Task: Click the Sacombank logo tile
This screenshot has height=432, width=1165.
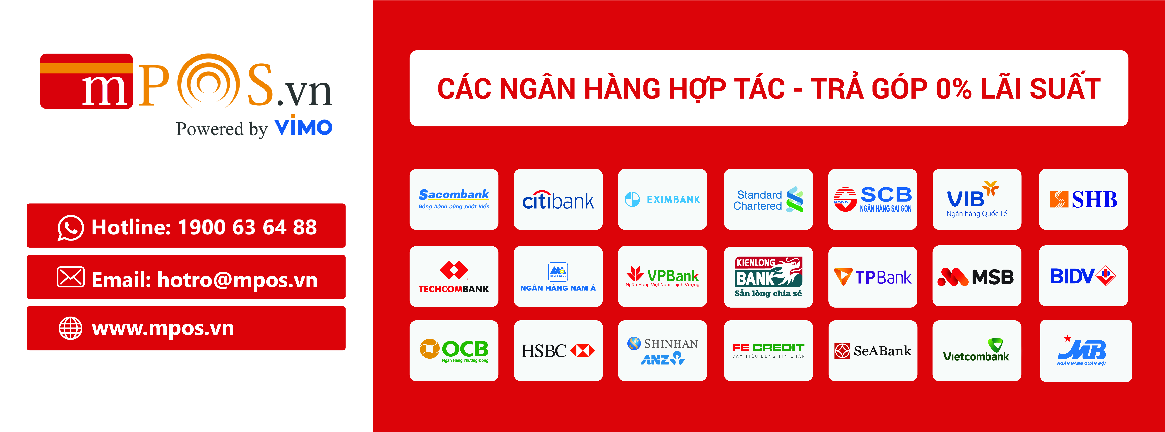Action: [454, 199]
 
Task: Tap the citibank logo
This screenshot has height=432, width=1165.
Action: [558, 200]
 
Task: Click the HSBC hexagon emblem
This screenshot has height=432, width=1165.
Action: [583, 351]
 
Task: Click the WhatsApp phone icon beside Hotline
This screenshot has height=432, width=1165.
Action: [71, 228]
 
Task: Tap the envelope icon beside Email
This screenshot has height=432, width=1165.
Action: [71, 277]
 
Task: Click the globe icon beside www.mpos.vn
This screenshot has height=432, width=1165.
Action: [71, 328]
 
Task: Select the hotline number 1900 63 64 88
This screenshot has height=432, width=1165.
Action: [247, 227]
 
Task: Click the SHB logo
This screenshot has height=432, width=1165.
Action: [1083, 199]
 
